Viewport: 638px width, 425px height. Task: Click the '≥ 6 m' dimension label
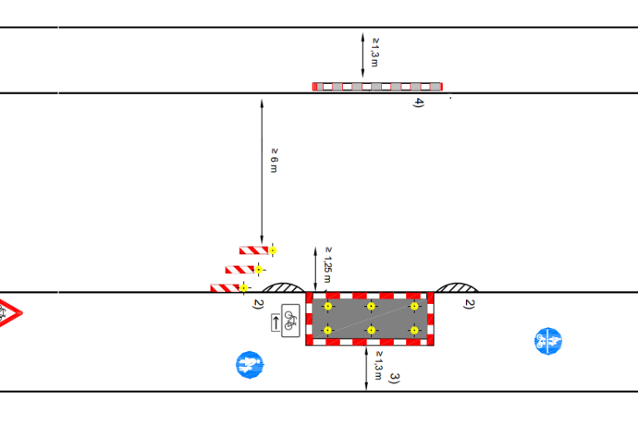274,160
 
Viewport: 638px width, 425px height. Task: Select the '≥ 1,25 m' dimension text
328,265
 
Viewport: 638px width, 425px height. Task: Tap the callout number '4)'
419,102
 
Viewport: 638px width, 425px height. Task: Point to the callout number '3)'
395,379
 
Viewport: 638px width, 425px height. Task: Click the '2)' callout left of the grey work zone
258,304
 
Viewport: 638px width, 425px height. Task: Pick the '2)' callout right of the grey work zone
469,304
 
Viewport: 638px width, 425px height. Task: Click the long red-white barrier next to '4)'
377,86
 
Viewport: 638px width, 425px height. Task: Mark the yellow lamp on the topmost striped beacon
272,251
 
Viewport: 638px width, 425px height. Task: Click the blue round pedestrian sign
249,364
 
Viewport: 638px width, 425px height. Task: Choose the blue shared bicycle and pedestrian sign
548,341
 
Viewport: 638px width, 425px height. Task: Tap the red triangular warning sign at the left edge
9,313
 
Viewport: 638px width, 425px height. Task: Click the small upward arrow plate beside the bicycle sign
276,323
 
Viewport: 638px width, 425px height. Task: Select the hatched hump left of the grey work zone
282,288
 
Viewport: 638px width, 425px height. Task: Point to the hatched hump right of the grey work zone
457,288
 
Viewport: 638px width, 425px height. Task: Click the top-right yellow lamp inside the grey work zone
415,306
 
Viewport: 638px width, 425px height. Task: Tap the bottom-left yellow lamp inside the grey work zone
328,330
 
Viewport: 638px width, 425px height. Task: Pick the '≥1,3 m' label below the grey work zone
379,365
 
